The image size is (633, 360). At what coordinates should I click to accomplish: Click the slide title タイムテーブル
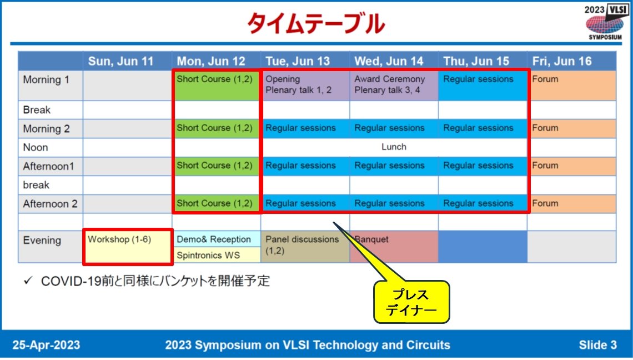(315, 23)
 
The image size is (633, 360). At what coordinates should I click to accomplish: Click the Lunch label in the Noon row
(394, 147)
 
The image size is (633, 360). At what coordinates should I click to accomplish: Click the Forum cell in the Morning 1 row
(571, 84)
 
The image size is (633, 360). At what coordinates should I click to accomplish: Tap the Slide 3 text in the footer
(597, 345)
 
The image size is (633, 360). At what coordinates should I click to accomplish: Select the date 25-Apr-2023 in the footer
(47, 345)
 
